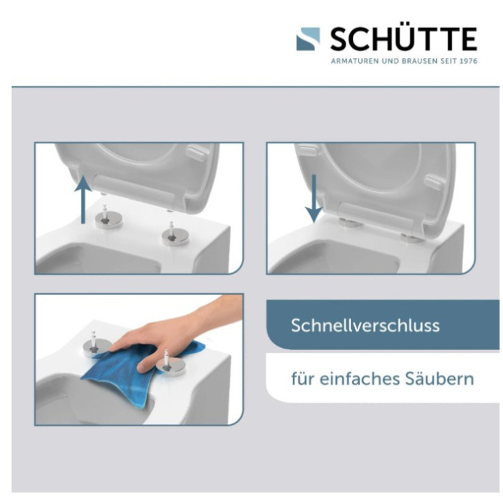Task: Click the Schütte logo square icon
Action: [308, 38]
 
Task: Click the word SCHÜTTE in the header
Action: [403, 39]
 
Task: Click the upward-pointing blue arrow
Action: [84, 198]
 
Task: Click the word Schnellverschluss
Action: [365, 326]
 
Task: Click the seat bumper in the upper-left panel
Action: [196, 152]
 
